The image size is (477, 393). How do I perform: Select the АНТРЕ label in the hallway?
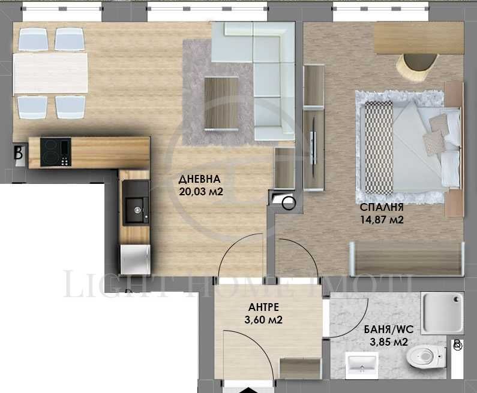point(263,308)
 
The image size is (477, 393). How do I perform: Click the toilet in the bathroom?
point(422,358)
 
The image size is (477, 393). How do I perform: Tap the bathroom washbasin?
point(362,362)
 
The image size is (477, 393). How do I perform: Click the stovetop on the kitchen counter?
point(57,152)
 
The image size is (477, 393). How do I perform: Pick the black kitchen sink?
point(135,202)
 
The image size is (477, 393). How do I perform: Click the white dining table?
point(50,73)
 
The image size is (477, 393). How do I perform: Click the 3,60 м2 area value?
point(263,320)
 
